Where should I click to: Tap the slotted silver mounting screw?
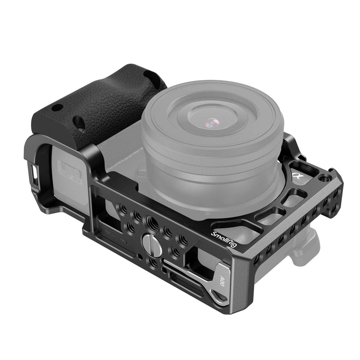point(149,243)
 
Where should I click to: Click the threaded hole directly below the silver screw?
point(153,261)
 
